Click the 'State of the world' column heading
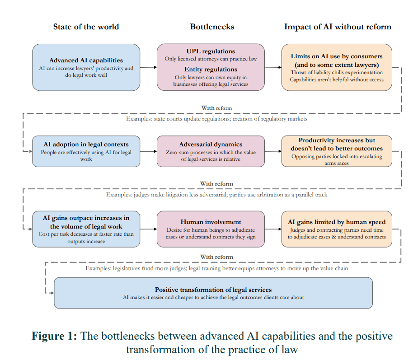86,27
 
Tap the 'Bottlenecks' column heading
212,27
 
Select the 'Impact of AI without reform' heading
338,27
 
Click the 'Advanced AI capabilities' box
86,67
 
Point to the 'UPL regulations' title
211,51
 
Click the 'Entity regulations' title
211,69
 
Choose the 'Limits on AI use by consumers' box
337,67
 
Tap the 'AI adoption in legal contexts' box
86,151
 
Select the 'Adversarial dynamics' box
211,151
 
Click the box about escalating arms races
337,151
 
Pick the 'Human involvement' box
211,229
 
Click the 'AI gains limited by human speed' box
337,229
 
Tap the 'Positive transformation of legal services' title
213,290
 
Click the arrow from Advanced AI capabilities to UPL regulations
149,67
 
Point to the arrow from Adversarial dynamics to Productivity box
273,151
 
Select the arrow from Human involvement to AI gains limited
273,229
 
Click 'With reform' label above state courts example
216,108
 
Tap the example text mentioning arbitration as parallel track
216,195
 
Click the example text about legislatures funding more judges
216,268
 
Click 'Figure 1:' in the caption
54,336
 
